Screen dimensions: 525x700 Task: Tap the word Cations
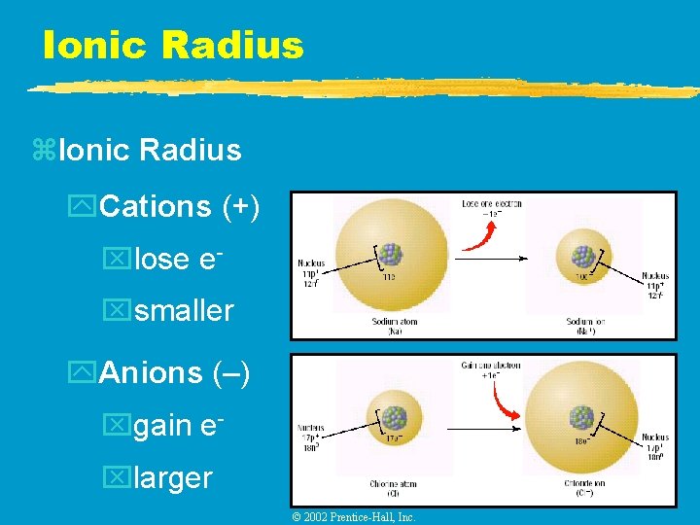click(x=156, y=206)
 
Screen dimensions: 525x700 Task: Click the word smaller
click(x=184, y=311)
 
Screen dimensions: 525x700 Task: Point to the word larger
click(x=173, y=477)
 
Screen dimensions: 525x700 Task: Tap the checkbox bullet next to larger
click(x=116, y=477)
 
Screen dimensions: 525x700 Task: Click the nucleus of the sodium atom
click(x=390, y=254)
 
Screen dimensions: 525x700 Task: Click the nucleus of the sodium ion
click(x=582, y=256)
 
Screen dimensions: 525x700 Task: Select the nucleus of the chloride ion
click(x=581, y=417)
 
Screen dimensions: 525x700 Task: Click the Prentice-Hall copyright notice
click(x=354, y=517)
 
